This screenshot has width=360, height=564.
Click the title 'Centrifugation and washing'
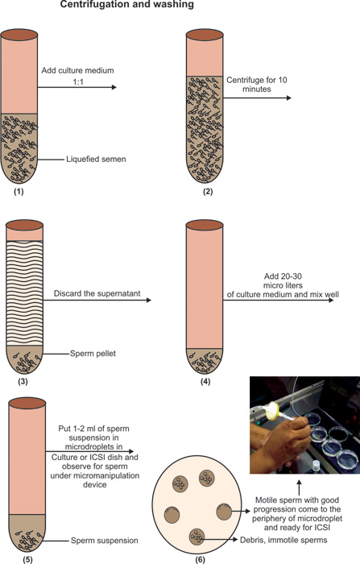(x=126, y=4)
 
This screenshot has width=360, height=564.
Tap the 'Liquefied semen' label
(x=96, y=159)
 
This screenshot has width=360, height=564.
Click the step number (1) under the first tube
(x=19, y=192)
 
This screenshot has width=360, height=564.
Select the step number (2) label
(x=208, y=192)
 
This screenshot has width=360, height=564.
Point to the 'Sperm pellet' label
(x=93, y=354)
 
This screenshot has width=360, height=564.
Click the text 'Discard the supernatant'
(x=97, y=293)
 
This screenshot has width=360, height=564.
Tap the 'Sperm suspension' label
(x=105, y=541)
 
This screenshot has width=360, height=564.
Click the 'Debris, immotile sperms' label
(x=283, y=540)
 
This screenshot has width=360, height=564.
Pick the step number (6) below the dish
(x=201, y=560)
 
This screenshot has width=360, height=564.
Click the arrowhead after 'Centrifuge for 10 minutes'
(x=289, y=97)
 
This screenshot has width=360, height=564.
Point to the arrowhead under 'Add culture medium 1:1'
(x=114, y=87)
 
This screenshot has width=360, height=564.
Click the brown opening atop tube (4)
(x=205, y=225)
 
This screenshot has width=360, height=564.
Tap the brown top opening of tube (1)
(x=19, y=35)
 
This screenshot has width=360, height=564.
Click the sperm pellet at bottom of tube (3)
(x=24, y=359)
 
